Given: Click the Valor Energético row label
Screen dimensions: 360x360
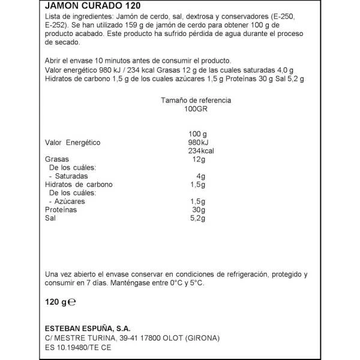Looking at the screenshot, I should pos(73,142).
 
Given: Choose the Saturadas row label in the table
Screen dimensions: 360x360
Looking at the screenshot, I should pos(71,176).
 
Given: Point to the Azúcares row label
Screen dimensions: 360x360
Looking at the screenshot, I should pos(70,202).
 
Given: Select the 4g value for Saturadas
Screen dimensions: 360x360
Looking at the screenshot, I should pos(201,176).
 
